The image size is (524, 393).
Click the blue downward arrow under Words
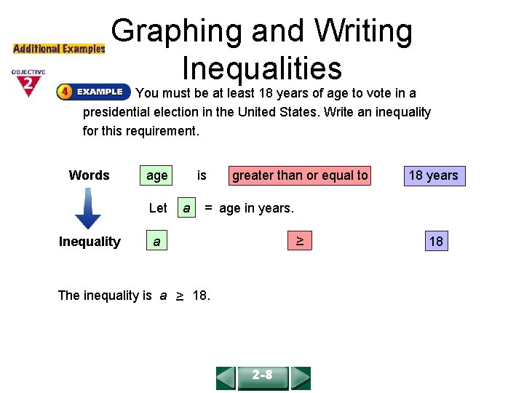[x=87, y=210]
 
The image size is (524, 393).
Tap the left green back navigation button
[x=226, y=378]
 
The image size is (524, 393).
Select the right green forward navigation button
[x=300, y=378]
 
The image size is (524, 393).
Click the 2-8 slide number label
[x=263, y=376]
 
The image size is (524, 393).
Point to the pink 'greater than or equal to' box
[x=300, y=175]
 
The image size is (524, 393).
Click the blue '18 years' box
[x=433, y=175]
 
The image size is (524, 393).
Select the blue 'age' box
[x=156, y=175]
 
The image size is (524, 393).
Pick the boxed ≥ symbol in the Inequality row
[x=299, y=241]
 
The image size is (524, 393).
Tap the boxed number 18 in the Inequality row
[x=436, y=242]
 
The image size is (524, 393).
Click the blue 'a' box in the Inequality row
[x=156, y=242]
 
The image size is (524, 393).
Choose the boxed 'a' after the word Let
[x=187, y=208]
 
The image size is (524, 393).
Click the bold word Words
[x=89, y=175]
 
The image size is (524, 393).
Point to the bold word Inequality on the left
[x=90, y=242]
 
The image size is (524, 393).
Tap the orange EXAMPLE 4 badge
[x=92, y=92]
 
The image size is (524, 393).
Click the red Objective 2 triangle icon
[x=28, y=84]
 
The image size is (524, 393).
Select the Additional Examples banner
[x=59, y=49]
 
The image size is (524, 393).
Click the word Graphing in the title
[x=177, y=31]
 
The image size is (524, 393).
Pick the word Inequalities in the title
[x=262, y=68]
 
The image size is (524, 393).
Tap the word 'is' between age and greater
[x=202, y=175]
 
